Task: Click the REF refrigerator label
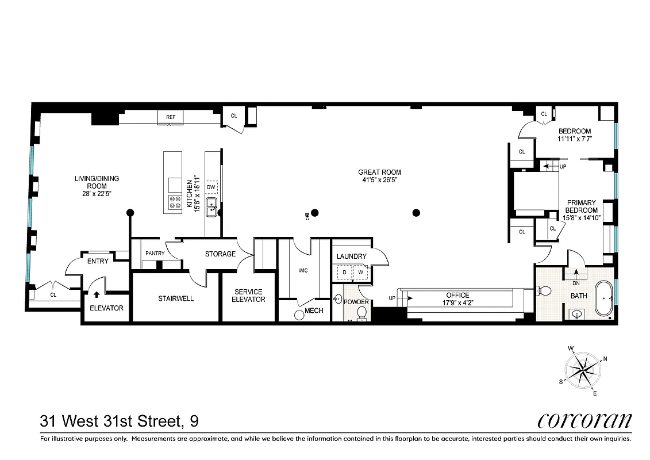[171, 117]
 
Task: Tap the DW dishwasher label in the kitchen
[211, 187]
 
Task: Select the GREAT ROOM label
[379, 172]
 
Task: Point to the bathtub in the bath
[603, 298]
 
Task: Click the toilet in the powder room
[362, 313]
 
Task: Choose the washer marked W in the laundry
[361, 272]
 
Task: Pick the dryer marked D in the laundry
[344, 272]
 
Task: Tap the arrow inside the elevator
[97, 296]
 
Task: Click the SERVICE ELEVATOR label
[248, 296]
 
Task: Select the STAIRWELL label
[176, 298]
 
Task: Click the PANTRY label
[155, 254]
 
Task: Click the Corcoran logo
[584, 421]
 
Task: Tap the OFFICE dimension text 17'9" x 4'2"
[457, 302]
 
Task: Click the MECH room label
[314, 310]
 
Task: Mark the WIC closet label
[303, 270]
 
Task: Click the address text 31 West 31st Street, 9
[120, 421]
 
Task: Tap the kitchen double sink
[211, 208]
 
